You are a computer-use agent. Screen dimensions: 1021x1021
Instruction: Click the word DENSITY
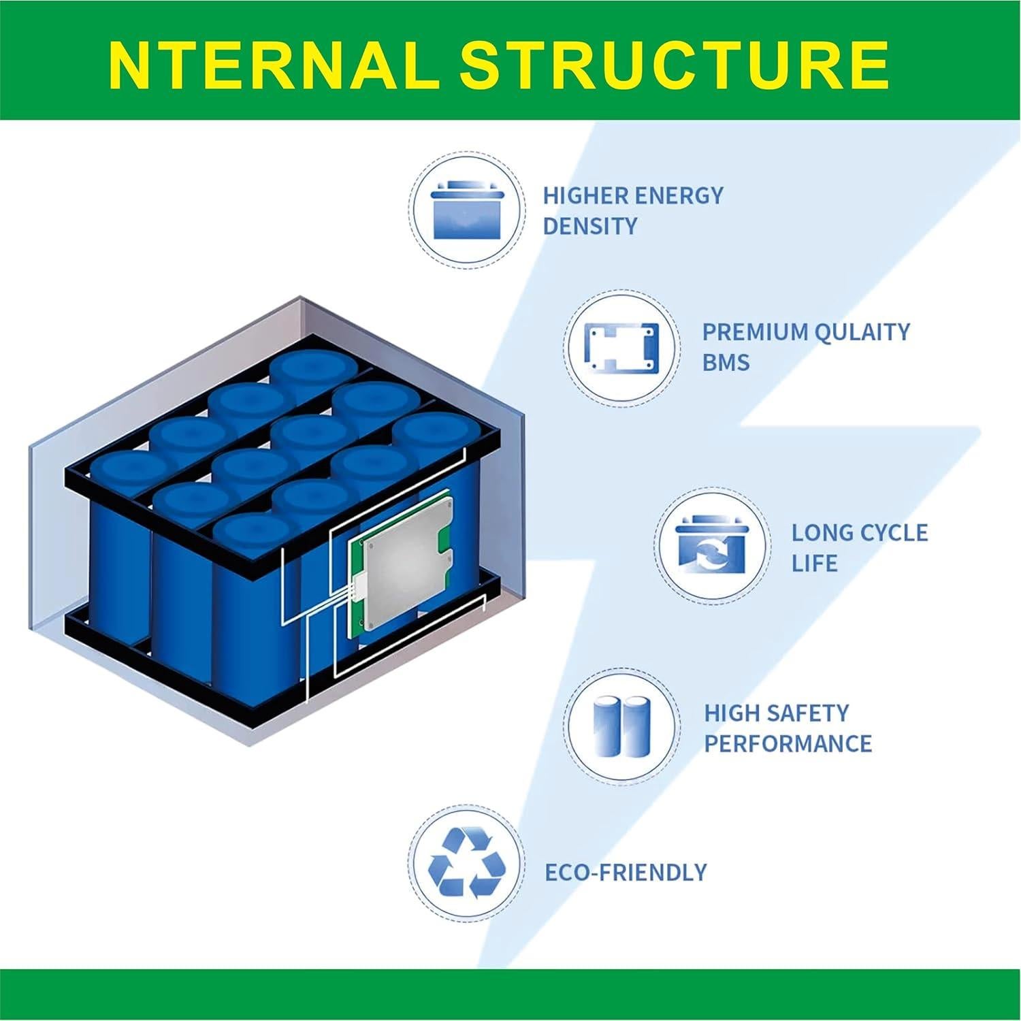pyautogui.click(x=589, y=226)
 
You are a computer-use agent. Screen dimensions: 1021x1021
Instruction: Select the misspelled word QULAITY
pyautogui.click(x=860, y=332)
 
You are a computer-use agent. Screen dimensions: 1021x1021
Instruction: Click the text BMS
pyautogui.click(x=726, y=362)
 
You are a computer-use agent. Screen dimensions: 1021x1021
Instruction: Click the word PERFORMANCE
pyautogui.click(x=788, y=743)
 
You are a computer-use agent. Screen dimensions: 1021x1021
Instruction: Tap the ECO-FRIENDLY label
pyautogui.click(x=626, y=872)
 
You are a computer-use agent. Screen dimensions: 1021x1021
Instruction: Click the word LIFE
pyautogui.click(x=814, y=564)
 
